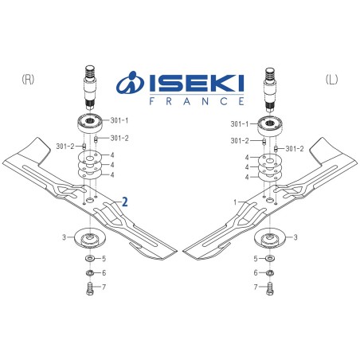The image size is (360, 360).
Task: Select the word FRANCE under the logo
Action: click(x=197, y=101)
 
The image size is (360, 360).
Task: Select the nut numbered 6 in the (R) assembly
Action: click(x=89, y=273)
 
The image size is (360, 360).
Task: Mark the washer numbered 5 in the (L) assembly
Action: click(x=271, y=259)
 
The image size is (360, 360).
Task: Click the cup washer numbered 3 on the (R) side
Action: click(x=89, y=237)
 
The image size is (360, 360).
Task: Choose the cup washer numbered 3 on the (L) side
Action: click(x=271, y=237)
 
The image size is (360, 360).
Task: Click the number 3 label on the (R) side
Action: click(x=64, y=237)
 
